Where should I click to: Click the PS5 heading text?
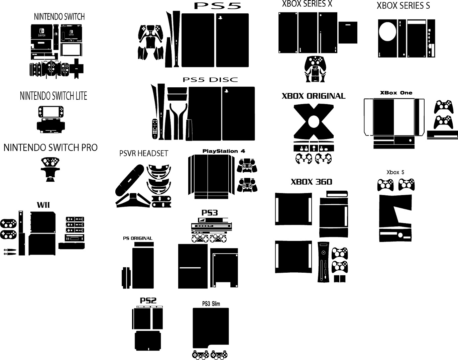click(x=217, y=6)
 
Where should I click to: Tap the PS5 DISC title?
click(x=210, y=80)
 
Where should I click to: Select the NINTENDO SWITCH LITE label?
click(x=53, y=96)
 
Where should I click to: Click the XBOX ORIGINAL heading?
click(x=314, y=96)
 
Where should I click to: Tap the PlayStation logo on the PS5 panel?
click(x=220, y=18)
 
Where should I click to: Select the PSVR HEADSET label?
click(x=144, y=153)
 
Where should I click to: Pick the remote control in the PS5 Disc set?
click(x=155, y=129)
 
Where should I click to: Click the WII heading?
click(x=43, y=205)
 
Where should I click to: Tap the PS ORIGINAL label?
click(x=138, y=238)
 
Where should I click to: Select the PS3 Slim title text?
click(x=211, y=304)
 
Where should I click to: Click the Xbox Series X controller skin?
click(x=315, y=69)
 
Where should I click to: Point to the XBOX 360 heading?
click(x=311, y=182)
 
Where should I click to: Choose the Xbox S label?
click(x=395, y=172)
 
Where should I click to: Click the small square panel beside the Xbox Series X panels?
click(x=348, y=32)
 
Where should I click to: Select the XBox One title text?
click(x=396, y=93)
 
